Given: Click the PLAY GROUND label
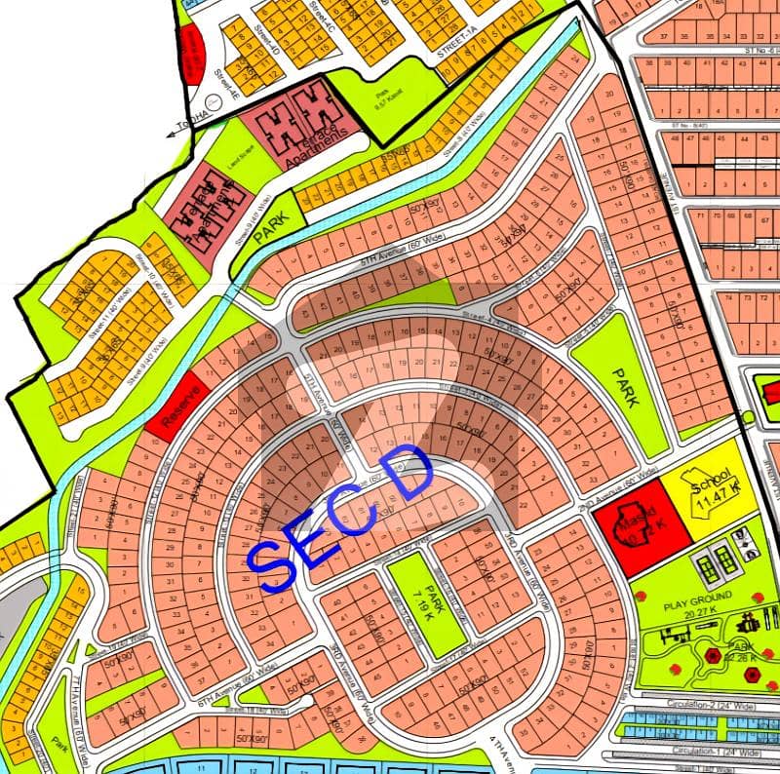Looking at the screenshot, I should click(690, 605).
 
